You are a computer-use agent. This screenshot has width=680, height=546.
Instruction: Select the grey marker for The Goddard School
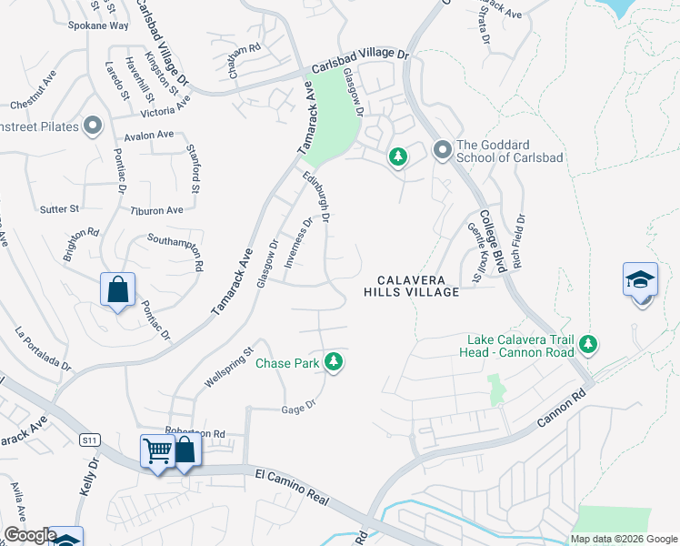(x=443, y=149)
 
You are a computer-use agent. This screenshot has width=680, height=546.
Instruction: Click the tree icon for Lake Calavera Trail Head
(x=589, y=344)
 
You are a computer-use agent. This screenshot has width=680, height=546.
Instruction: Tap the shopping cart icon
(x=157, y=450)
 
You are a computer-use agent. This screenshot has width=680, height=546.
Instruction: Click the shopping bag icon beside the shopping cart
(x=185, y=450)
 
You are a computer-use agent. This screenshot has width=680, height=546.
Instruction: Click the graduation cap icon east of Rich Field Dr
(x=640, y=280)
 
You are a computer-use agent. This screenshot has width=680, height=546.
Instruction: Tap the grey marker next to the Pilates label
(x=92, y=126)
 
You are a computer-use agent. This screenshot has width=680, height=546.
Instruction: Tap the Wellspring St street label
(x=228, y=367)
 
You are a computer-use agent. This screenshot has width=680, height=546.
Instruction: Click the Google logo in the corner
(x=29, y=535)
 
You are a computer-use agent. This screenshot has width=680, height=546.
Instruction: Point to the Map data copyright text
(x=624, y=539)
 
